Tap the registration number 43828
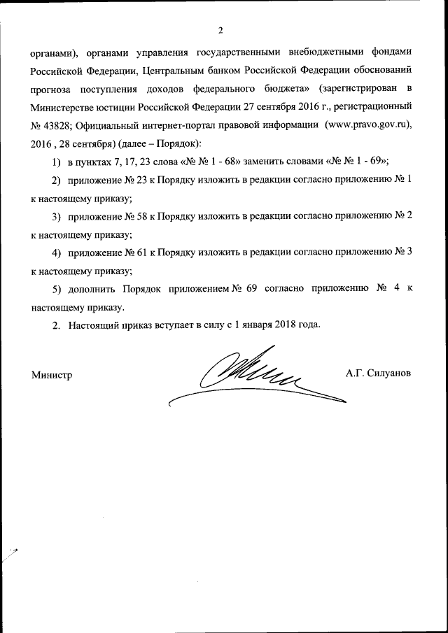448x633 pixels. [59, 125]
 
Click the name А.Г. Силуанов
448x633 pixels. [378, 374]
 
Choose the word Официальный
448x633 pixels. [108, 125]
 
